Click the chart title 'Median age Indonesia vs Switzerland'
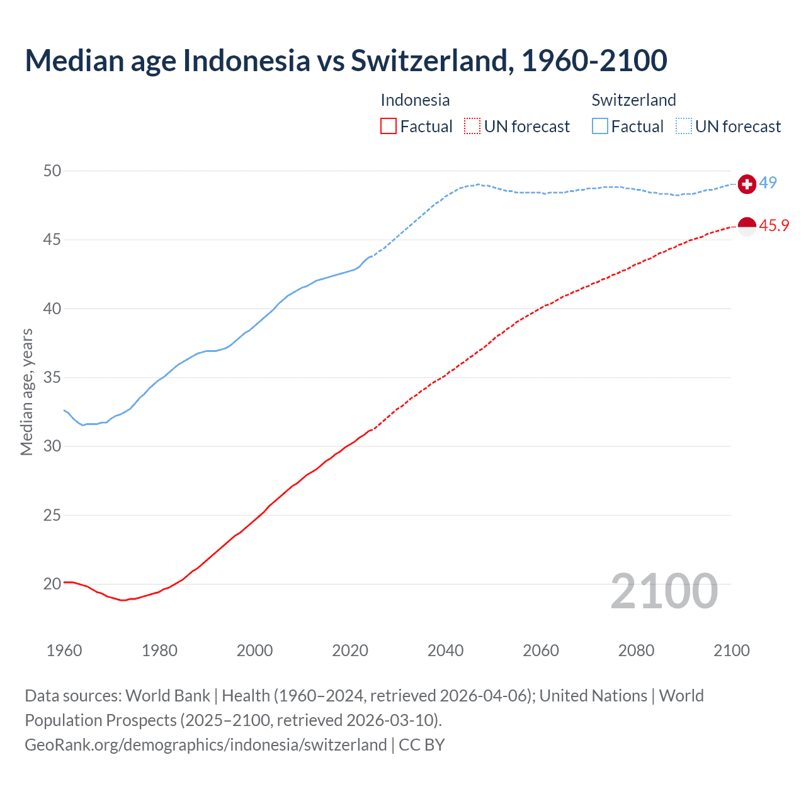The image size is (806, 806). tap(346, 60)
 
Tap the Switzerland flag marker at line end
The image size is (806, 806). tap(747, 184)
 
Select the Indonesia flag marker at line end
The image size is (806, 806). tap(747, 226)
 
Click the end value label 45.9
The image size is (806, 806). tap(774, 225)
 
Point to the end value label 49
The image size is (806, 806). tap(768, 183)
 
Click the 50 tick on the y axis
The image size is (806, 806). tap(53, 171)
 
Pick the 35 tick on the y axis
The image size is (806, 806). tap(53, 378)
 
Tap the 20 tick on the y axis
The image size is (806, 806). tap(53, 584)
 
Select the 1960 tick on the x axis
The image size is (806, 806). tap(64, 650)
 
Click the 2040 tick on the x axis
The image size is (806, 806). tap(445, 650)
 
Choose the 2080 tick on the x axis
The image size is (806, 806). tap(636, 650)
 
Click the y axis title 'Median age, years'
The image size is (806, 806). tap(26, 392)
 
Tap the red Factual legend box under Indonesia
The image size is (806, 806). tap(389, 127)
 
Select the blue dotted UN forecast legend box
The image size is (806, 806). tap(684, 127)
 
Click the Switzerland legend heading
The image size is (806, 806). tap(633, 100)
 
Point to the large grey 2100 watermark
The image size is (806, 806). tap(664, 591)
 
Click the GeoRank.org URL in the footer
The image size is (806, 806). tap(205, 745)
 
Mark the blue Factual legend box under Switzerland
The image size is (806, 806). tap(600, 127)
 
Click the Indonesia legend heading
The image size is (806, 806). tap(415, 100)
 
